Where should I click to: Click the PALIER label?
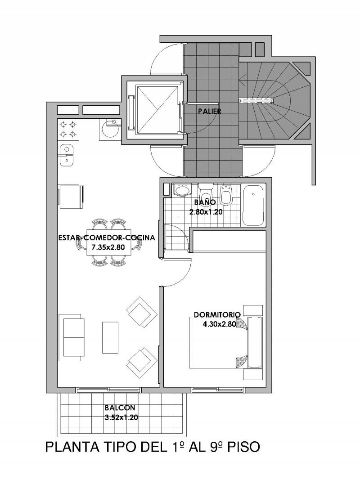pyautogui.click(x=209, y=111)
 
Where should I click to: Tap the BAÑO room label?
pyautogui.click(x=205, y=202)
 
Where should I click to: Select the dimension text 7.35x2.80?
pyautogui.click(x=108, y=247)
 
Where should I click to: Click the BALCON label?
pyautogui.click(x=120, y=408)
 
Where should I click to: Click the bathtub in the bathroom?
pyautogui.click(x=253, y=205)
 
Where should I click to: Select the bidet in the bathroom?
pyautogui.click(x=226, y=195)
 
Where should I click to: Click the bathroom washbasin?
pyautogui.click(x=181, y=189)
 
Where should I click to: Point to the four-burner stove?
pyautogui.click(x=68, y=129)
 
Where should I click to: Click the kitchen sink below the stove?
pyautogui.click(x=65, y=155)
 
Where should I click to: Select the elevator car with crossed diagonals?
pyautogui.click(x=157, y=110)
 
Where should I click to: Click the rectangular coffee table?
pyautogui.click(x=110, y=337)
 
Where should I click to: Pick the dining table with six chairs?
pyautogui.click(x=108, y=242)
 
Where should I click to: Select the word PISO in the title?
pyautogui.click(x=243, y=447)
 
